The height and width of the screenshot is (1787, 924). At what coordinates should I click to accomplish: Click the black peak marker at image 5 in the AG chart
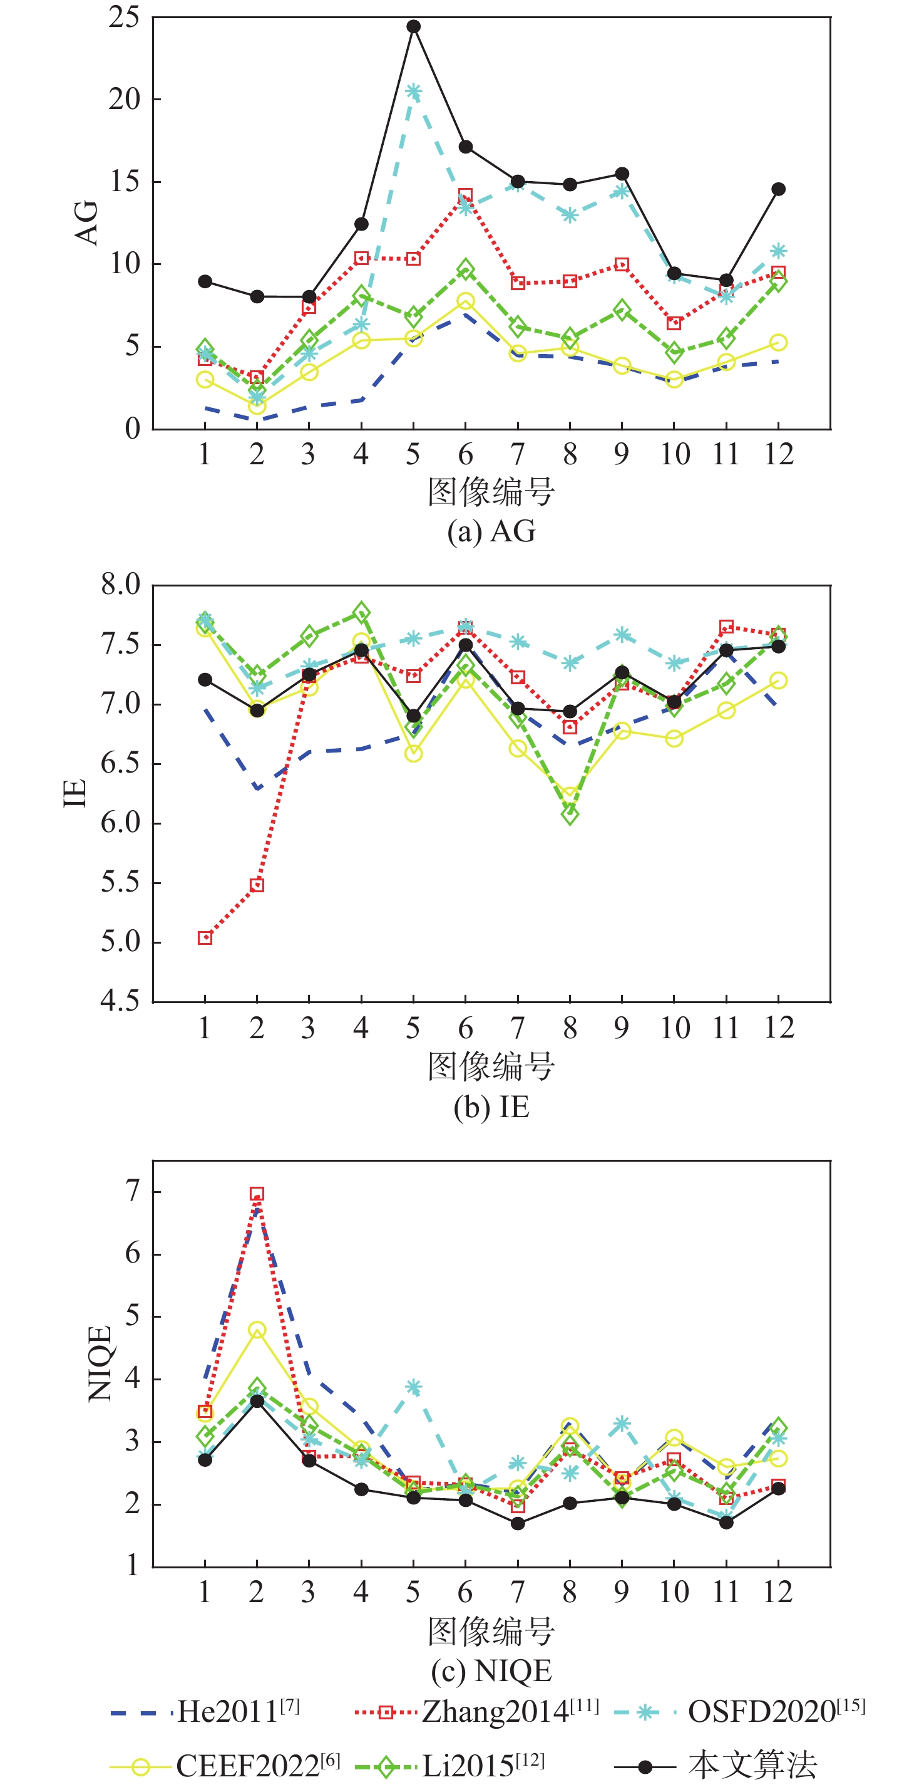click(414, 27)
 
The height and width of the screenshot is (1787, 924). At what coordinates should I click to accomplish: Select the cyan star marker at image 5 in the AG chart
click(414, 91)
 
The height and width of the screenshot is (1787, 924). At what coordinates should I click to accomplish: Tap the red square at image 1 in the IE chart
click(205, 938)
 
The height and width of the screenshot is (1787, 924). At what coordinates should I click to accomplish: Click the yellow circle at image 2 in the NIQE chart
click(257, 1330)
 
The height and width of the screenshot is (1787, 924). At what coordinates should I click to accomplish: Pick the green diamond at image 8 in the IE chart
click(570, 815)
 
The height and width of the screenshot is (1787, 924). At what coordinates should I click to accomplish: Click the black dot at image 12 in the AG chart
click(778, 189)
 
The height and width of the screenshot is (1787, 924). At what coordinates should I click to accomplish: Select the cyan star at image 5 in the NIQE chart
click(414, 1387)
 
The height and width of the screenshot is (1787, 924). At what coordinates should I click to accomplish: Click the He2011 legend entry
click(205, 1711)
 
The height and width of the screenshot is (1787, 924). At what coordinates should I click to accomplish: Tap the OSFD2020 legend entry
click(741, 1711)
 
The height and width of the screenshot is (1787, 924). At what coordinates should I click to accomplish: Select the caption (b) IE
click(491, 1107)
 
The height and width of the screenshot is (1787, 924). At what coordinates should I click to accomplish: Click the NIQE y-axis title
click(100, 1362)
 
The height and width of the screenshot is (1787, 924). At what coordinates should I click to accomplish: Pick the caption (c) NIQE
click(491, 1671)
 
